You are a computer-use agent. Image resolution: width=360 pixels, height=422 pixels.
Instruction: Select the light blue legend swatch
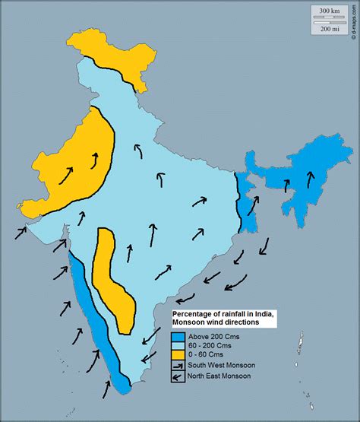pos(177,344)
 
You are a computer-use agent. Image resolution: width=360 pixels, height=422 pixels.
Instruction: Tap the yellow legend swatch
pos(177,354)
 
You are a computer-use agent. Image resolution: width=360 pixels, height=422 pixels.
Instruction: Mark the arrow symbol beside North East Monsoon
pos(177,376)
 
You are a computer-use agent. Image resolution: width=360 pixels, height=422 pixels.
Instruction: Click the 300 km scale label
pos(329,11)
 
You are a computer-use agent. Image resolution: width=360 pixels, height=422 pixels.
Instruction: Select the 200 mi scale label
pos(329,28)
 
